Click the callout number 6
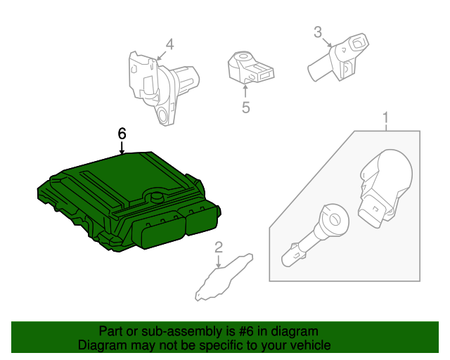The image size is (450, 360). [x=122, y=133]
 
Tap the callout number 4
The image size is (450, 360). [x=169, y=43]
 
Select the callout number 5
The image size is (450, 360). [x=245, y=107]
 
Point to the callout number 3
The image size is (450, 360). [x=318, y=32]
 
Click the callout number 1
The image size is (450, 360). [x=385, y=117]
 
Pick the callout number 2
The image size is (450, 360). [x=219, y=247]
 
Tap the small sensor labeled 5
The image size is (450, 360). [x=250, y=67]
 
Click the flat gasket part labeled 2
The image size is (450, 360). [x=221, y=278]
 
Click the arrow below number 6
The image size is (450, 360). [x=122, y=148]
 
